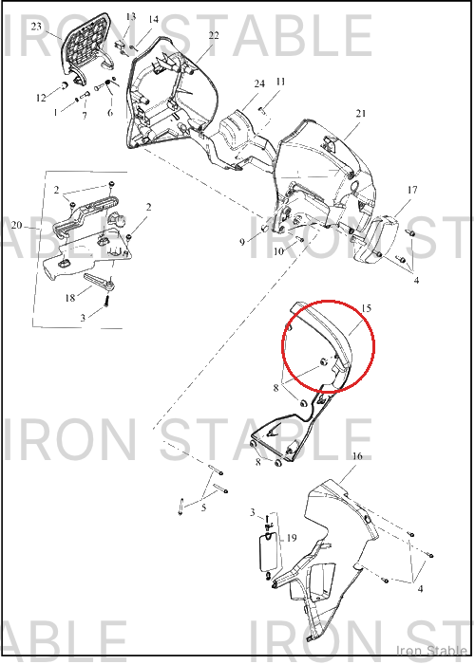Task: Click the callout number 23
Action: (x=36, y=27)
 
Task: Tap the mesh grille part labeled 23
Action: (x=85, y=46)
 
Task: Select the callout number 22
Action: (x=214, y=35)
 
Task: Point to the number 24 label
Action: (x=259, y=83)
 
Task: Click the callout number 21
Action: (x=361, y=113)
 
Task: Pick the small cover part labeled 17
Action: (x=375, y=241)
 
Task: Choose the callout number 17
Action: (x=412, y=190)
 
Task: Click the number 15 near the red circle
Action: (x=366, y=308)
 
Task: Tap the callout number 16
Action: (x=357, y=456)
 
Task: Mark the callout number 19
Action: (x=292, y=538)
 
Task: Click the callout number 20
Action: (x=16, y=225)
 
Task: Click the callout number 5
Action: (x=203, y=507)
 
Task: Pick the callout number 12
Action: (x=41, y=98)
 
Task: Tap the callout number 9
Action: (x=242, y=242)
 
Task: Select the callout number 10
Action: (x=278, y=251)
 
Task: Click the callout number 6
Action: (x=110, y=113)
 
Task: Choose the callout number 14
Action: (x=154, y=20)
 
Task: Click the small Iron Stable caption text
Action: (x=431, y=650)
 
